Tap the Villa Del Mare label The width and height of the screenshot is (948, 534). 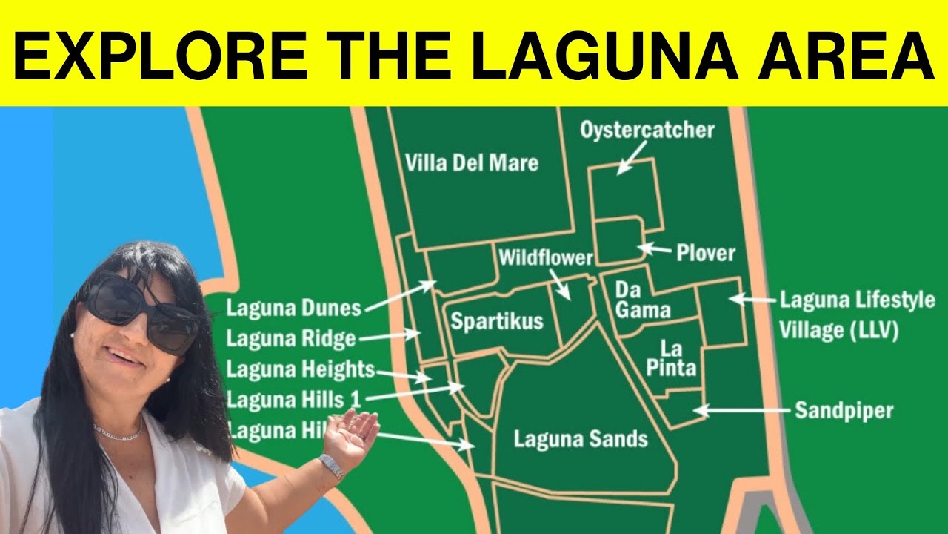coord(472,162)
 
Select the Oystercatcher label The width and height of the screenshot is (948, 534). coord(647,131)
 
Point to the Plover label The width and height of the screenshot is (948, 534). coord(705,253)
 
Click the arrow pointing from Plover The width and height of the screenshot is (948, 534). coord(654,249)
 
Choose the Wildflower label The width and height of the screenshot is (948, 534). coord(546,258)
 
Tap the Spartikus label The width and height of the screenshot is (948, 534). coord(497,322)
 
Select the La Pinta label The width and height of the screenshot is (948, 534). coord(671,358)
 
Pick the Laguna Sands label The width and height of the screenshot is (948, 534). coord(581,438)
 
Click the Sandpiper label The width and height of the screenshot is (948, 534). coord(844,410)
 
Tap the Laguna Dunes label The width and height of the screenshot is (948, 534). coord(293,307)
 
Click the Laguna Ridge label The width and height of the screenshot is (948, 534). coord(291,339)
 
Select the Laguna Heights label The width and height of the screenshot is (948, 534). coord(300,369)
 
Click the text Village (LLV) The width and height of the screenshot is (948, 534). coord(838,330)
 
